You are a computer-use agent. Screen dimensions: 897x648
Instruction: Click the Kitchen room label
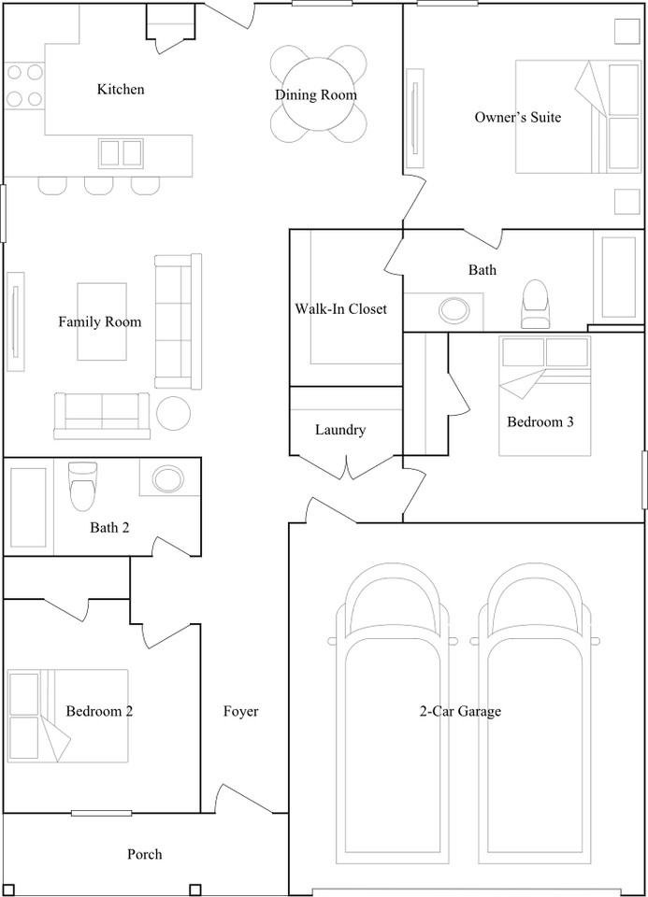121,90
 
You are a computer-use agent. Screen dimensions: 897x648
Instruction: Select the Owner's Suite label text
518,118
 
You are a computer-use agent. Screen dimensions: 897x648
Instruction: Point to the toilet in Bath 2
83,483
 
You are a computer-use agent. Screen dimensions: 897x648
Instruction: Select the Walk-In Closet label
340,309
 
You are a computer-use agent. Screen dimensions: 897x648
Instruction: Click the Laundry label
339,431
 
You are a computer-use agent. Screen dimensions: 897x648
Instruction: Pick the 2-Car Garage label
459,712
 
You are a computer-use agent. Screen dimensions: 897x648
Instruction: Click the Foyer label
240,712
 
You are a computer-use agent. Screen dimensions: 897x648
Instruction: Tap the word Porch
144,854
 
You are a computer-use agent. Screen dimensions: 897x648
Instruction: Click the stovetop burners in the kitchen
25,84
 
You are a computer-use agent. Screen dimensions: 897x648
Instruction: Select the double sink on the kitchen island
121,152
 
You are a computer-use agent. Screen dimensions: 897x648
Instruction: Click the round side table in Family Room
173,413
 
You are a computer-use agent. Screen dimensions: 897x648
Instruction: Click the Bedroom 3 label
540,422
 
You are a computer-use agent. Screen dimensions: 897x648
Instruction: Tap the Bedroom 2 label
99,712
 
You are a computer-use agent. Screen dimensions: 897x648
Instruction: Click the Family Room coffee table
102,321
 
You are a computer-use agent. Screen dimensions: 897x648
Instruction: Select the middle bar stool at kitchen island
99,185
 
